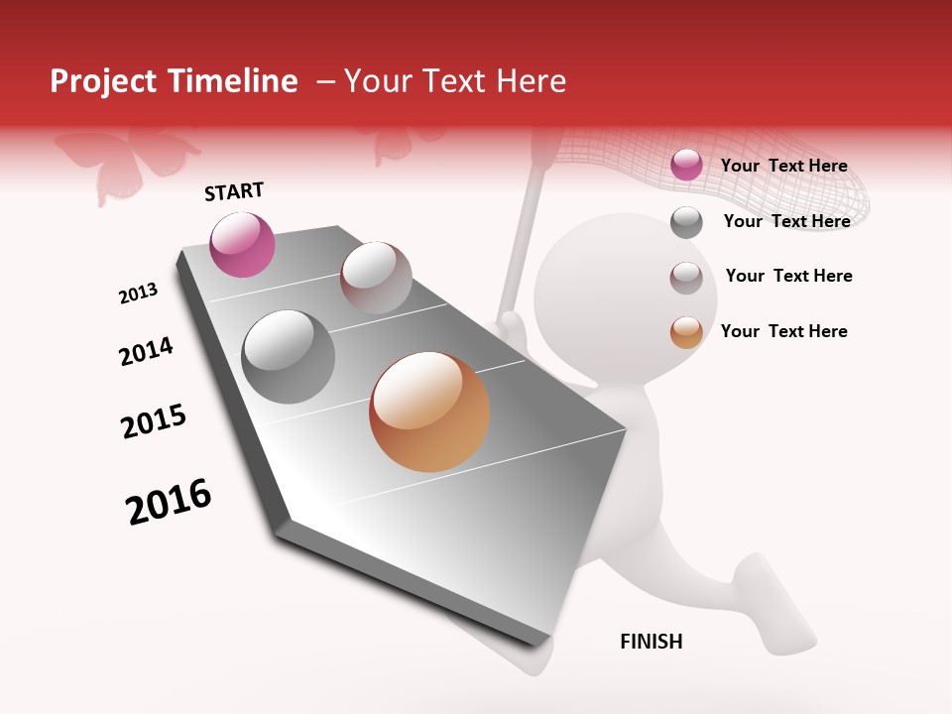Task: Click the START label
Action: tap(234, 191)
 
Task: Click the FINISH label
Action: tap(651, 642)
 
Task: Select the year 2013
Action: tap(138, 294)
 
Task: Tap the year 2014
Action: tap(146, 351)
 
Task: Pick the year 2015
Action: tap(154, 420)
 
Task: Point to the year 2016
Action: tap(169, 502)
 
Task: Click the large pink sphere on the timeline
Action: tap(242, 244)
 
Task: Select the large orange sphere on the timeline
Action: tap(429, 412)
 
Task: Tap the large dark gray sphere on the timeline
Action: tap(289, 356)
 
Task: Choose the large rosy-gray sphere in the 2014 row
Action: tap(376, 277)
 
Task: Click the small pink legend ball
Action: tap(686, 165)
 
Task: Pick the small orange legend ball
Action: tap(686, 332)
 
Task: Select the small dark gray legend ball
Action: tap(686, 222)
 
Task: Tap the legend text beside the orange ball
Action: tap(783, 331)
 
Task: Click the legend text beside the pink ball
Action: tap(783, 166)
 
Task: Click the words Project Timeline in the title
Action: tap(174, 81)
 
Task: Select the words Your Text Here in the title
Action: tap(454, 81)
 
